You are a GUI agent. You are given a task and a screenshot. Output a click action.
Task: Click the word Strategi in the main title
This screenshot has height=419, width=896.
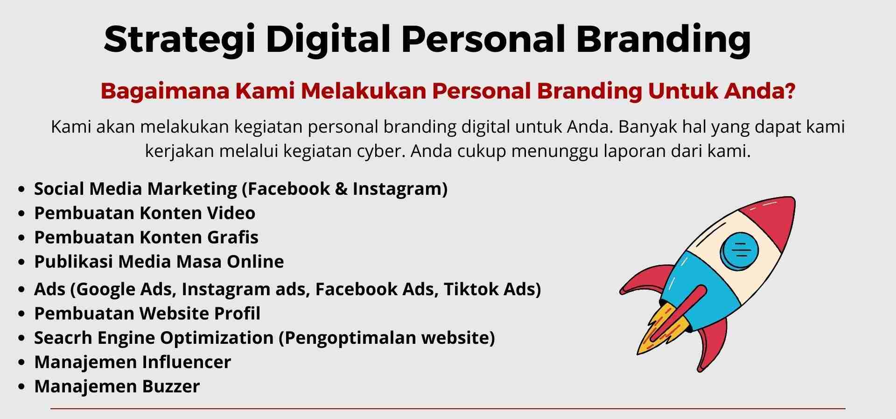[180, 40]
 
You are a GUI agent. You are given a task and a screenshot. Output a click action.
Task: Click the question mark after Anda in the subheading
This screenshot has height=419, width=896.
[790, 91]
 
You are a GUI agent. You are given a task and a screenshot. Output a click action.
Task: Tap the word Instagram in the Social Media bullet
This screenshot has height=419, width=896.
[400, 189]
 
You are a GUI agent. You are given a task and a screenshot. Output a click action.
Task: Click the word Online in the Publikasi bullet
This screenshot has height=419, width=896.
[255, 262]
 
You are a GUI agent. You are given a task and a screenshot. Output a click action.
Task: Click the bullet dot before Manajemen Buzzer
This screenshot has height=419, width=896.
[21, 387]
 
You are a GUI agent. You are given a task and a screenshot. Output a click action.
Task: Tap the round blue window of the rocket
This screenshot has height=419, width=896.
[739, 250]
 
